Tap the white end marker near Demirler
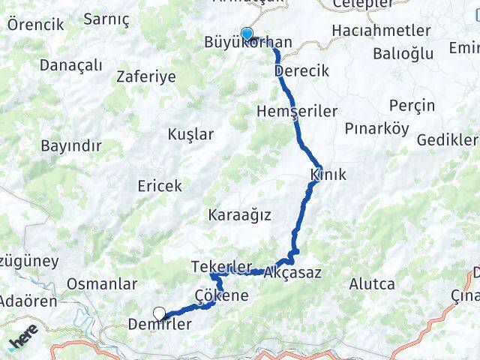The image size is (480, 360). tap(159, 313)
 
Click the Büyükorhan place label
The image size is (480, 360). tap(248, 44)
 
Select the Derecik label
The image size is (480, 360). tap(302, 70)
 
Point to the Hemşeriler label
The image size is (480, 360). tap(297, 110)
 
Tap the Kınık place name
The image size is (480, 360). tap(328, 175)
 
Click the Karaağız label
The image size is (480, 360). tap(240, 214)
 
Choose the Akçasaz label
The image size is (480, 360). tap(297, 273)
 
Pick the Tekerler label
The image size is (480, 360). tap(221, 268)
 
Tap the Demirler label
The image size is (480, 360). tap(160, 325)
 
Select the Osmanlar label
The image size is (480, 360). tap(102, 284)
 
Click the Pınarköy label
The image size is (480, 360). tap(376, 128)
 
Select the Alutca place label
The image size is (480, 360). tap(372, 283)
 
